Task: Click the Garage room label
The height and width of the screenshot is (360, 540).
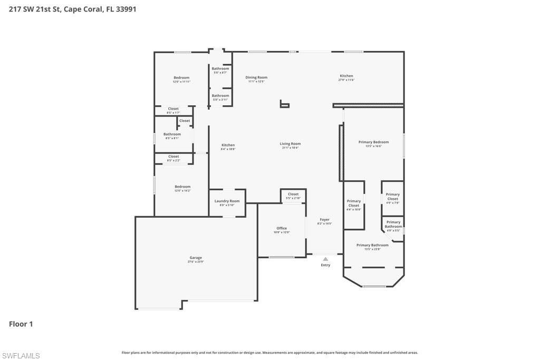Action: (x=196, y=258)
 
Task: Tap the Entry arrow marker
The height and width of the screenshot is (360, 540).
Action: (x=325, y=259)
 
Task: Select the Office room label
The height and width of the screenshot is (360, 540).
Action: (x=282, y=228)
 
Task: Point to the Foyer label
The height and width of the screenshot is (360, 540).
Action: (x=324, y=220)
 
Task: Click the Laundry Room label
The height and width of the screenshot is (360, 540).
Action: (x=227, y=201)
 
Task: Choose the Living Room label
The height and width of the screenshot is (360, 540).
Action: (x=290, y=144)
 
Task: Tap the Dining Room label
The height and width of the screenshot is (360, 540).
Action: (x=256, y=77)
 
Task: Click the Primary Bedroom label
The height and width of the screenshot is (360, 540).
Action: (x=373, y=142)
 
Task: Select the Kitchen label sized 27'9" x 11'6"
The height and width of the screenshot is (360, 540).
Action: (x=346, y=76)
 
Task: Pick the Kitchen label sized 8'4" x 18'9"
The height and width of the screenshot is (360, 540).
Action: (x=228, y=145)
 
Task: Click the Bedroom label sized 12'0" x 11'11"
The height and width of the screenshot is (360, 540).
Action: (x=181, y=78)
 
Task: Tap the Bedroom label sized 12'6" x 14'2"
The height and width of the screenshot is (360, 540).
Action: (x=182, y=187)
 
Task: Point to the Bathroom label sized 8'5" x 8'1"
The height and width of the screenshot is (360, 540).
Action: (x=172, y=134)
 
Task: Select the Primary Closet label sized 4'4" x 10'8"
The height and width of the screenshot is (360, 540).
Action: (x=354, y=203)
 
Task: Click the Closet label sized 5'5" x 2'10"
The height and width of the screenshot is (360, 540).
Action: (x=293, y=194)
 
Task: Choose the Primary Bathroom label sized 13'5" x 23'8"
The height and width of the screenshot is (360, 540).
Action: (x=372, y=245)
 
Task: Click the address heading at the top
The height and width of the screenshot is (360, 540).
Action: (x=73, y=9)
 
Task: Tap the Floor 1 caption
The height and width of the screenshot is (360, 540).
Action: (x=21, y=324)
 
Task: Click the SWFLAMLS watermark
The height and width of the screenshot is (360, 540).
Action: (x=21, y=356)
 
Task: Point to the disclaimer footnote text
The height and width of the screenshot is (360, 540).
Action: (x=269, y=353)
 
